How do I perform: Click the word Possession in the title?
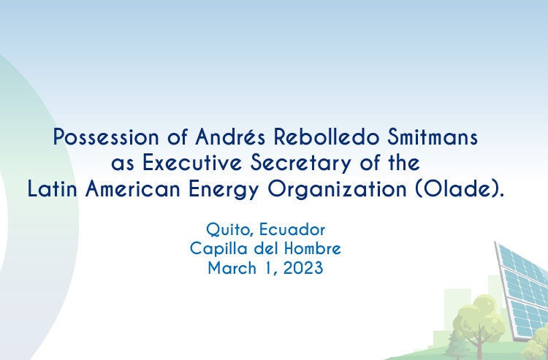[x=106, y=137]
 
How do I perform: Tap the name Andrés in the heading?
[x=230, y=137]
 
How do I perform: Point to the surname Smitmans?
[x=433, y=137]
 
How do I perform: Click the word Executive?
[x=192, y=163]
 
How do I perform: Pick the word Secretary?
[x=301, y=164]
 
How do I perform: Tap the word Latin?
[x=53, y=189]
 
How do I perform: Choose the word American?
[x=133, y=189]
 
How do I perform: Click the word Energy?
[x=224, y=190]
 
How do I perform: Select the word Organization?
[x=338, y=190]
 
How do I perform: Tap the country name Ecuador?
[x=292, y=229]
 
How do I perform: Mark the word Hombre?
[x=313, y=248]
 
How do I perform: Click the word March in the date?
[x=232, y=268]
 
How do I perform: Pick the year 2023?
[x=303, y=268]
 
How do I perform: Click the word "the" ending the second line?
[x=404, y=163]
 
